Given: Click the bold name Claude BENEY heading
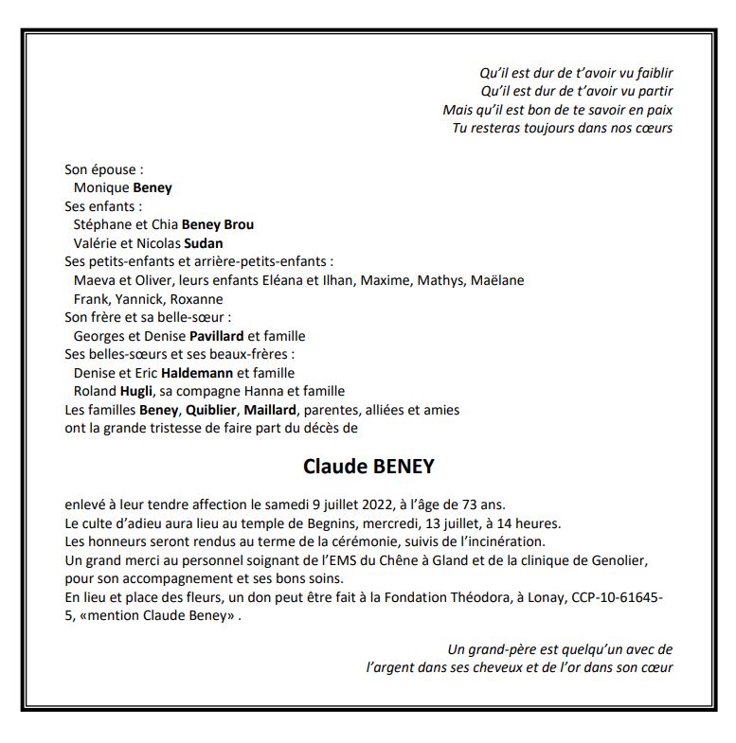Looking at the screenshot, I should coord(368,467).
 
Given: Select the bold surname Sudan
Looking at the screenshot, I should coord(204,243).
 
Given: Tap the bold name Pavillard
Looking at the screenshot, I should coord(217,336).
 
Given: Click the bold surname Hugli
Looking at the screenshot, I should coord(136,391).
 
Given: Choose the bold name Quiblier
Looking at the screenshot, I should coord(210,410).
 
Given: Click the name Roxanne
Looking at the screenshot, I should coord(198,299).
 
